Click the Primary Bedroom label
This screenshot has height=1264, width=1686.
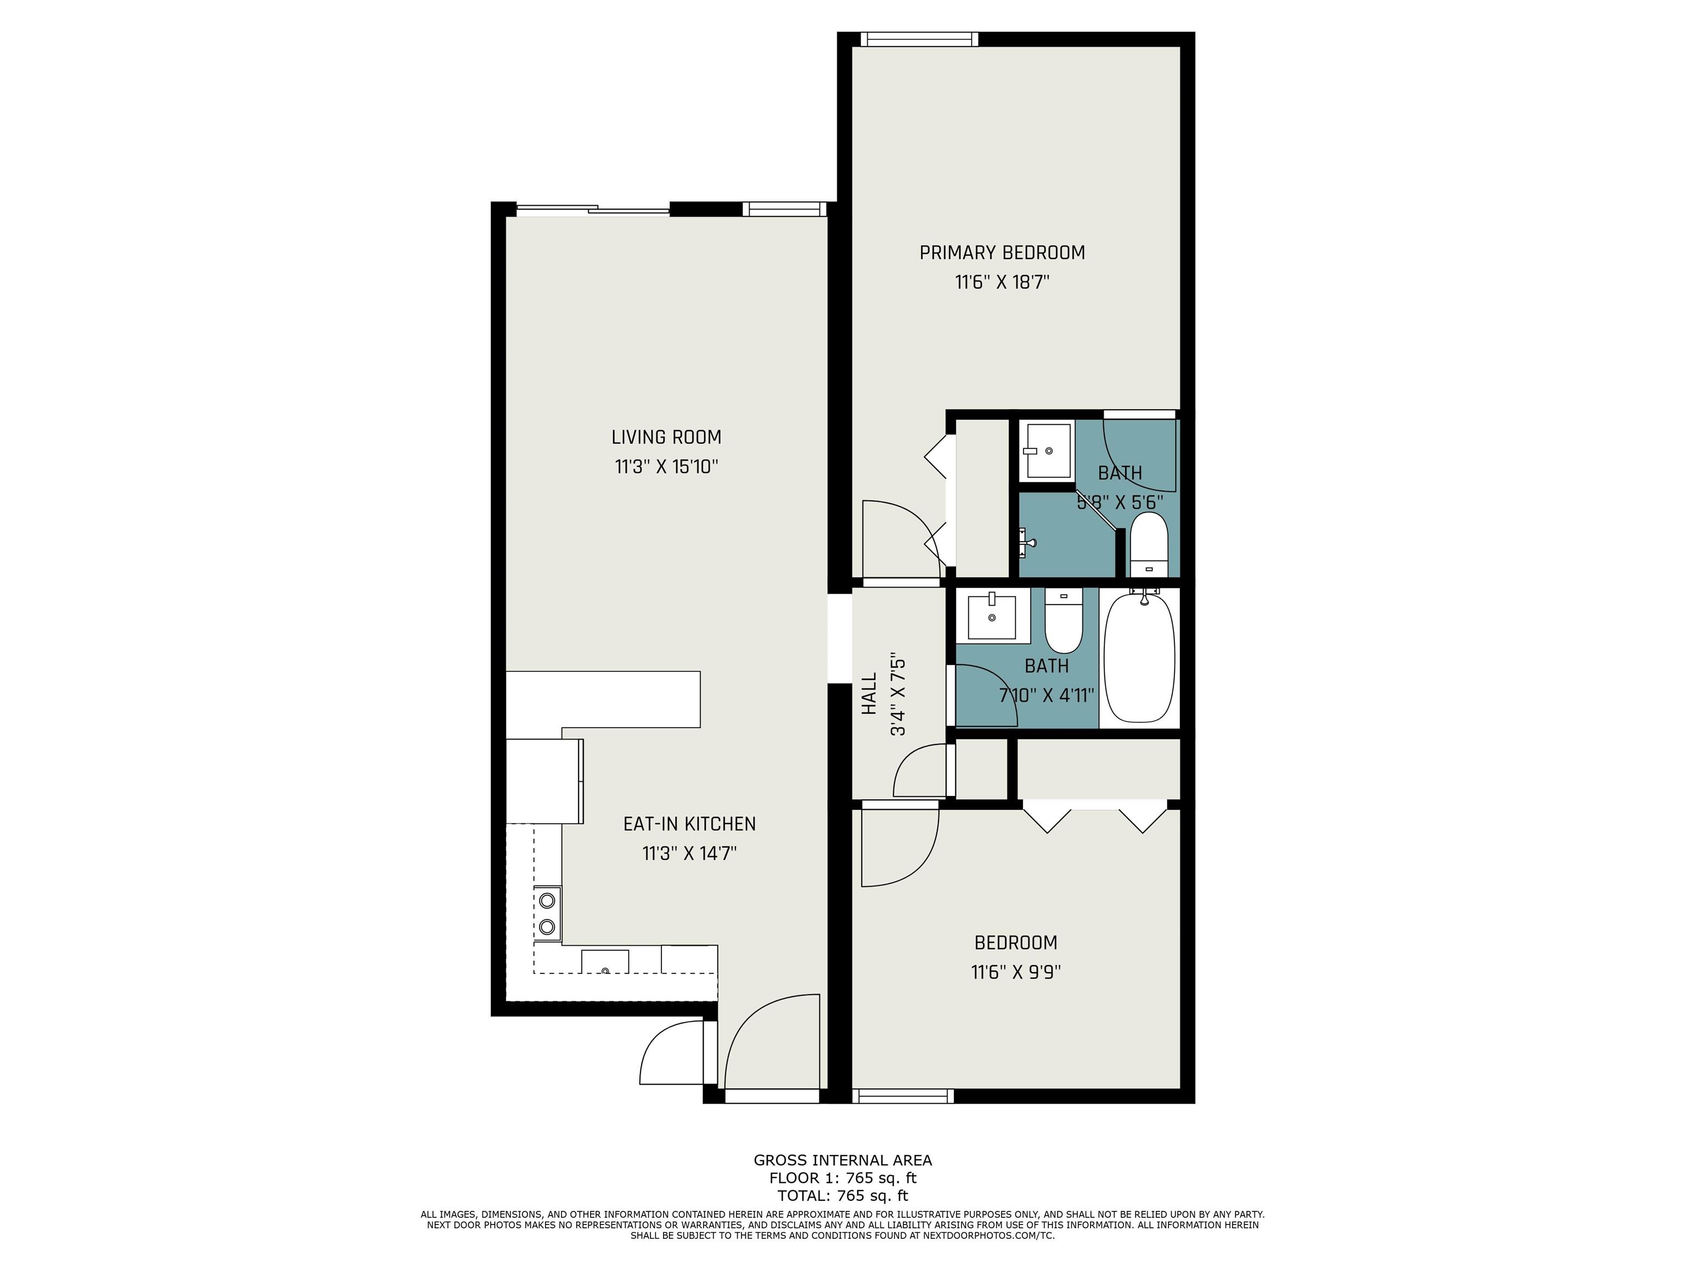[x=1002, y=252]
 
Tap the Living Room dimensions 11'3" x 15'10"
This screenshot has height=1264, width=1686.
[x=666, y=466]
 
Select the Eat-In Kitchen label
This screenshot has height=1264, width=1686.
[x=689, y=823]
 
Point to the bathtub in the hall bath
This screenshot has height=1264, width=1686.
[x=1139, y=657]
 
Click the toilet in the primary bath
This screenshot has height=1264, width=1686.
[x=1149, y=544]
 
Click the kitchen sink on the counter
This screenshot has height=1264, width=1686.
[x=605, y=962]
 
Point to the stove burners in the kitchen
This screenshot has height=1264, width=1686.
[x=547, y=913]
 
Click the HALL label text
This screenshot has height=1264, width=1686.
[x=869, y=693]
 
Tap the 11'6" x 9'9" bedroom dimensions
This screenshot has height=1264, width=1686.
[x=1016, y=972]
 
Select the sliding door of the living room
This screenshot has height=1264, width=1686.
[x=593, y=210]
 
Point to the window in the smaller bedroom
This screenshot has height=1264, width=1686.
[x=902, y=1096]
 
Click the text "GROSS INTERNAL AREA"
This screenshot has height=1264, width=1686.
[x=842, y=1160]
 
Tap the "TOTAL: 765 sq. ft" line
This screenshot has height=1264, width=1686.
[x=842, y=1195]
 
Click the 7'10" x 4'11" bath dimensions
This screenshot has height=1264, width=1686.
[x=1047, y=696]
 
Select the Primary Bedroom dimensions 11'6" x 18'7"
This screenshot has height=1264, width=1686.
[x=1002, y=282]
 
